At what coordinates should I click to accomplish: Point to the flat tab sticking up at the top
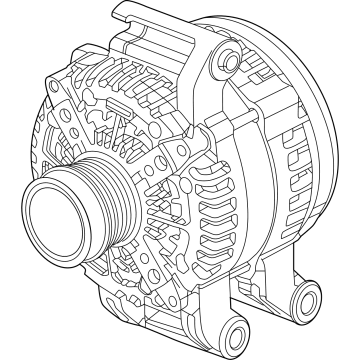(129, 14)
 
